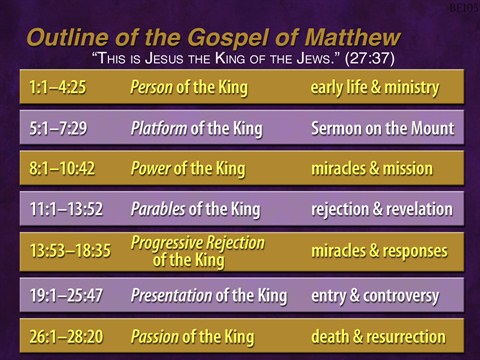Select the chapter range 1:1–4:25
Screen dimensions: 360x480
(x=59, y=87)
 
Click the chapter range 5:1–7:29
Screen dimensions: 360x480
(x=59, y=128)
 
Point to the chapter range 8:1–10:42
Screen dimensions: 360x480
(x=63, y=168)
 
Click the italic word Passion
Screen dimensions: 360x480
(x=154, y=336)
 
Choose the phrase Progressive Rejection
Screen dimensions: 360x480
(x=200, y=243)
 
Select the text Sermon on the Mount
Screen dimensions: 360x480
(x=382, y=128)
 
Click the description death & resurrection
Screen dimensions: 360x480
(x=378, y=336)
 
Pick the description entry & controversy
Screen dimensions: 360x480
(x=375, y=295)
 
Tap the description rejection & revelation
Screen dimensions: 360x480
(x=381, y=209)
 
